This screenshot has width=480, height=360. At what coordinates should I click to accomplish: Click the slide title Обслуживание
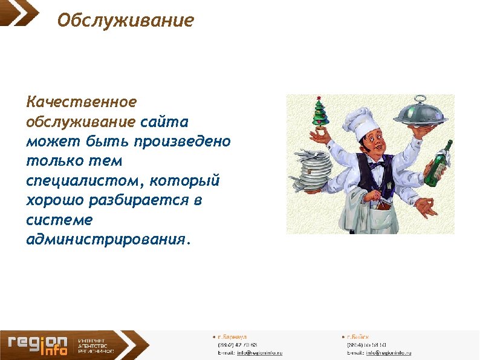pos(126,21)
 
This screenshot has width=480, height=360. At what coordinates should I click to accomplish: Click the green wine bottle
pos(438,163)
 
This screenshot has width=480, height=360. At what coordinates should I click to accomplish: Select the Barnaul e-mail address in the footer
pos(259,352)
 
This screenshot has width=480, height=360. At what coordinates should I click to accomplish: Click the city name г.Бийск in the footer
pos(358,336)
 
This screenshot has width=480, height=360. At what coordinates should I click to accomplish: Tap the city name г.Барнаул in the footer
pos(232,336)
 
